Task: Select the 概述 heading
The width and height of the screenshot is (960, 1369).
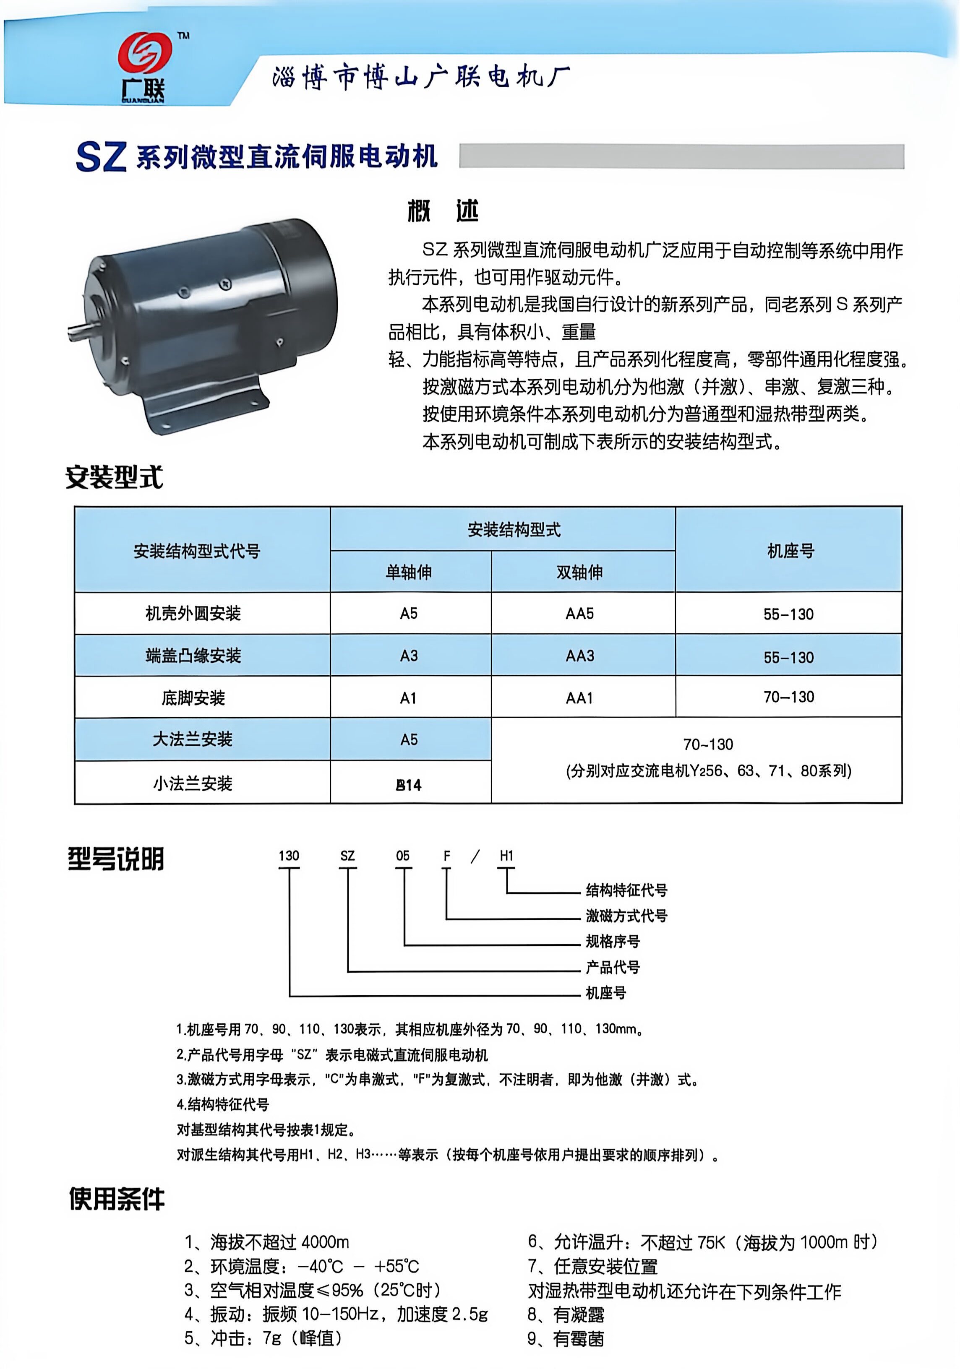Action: pyautogui.click(x=443, y=211)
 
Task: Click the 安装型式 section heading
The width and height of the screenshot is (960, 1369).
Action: pyautogui.click(x=114, y=477)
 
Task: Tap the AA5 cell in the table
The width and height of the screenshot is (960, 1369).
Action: pyautogui.click(x=579, y=614)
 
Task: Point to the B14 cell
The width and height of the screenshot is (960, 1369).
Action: pyautogui.click(x=409, y=785)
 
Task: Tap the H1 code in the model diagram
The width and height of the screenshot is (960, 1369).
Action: pyautogui.click(x=506, y=856)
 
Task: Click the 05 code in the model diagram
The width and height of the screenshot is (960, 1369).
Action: pyautogui.click(x=403, y=856)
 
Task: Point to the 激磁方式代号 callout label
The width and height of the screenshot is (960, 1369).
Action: pyautogui.click(x=626, y=916)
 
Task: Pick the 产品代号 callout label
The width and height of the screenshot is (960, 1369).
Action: pyautogui.click(x=613, y=967)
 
